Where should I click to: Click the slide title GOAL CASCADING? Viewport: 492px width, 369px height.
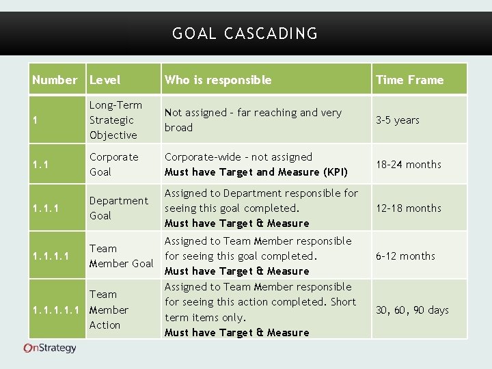245,33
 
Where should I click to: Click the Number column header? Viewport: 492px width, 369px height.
55,80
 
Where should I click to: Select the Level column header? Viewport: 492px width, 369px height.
105,80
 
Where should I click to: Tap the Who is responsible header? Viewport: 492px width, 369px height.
217,80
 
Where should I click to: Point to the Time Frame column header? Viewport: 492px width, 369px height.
409,80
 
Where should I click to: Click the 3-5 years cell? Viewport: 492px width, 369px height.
397,120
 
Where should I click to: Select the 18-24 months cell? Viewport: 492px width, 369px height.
408,165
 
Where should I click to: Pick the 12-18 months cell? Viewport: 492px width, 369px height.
408,208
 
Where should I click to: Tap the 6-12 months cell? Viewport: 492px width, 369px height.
405,256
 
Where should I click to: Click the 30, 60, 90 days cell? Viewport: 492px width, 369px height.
412,310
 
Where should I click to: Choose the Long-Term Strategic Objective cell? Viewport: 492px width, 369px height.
115,120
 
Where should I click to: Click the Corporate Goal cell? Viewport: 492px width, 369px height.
113,165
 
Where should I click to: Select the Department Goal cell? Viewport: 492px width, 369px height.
118,208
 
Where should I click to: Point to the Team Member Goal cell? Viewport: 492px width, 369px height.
121,256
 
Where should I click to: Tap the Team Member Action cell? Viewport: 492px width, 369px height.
109,310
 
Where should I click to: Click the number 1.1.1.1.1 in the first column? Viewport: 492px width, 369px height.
57,310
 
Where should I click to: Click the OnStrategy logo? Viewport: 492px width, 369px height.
50,348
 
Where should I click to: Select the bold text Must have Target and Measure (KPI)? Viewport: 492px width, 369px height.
256,172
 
